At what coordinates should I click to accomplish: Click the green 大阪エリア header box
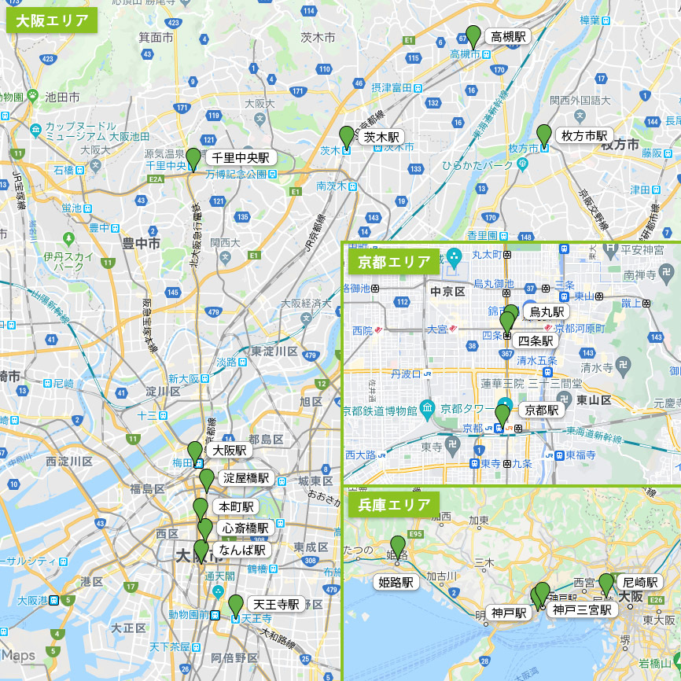[x=52, y=20]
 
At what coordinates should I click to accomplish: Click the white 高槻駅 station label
[x=509, y=36]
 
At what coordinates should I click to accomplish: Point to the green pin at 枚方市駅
[x=543, y=134]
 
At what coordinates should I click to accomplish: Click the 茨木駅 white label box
[x=381, y=137]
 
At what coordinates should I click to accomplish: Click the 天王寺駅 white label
[x=275, y=604]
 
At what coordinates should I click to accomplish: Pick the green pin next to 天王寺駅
[x=235, y=605]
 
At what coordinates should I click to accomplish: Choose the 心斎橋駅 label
[x=245, y=528]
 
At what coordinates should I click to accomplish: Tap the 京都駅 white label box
[x=541, y=410]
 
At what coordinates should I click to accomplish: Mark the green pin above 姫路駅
[x=398, y=545]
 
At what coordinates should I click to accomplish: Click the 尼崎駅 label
[x=639, y=582]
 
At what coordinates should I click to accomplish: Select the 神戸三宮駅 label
[x=581, y=609]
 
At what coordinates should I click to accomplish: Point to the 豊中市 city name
[x=141, y=244]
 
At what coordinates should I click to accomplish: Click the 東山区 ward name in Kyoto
[x=594, y=399]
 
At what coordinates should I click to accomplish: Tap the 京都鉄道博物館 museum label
[x=380, y=410]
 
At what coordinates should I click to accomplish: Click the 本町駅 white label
[x=236, y=506]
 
